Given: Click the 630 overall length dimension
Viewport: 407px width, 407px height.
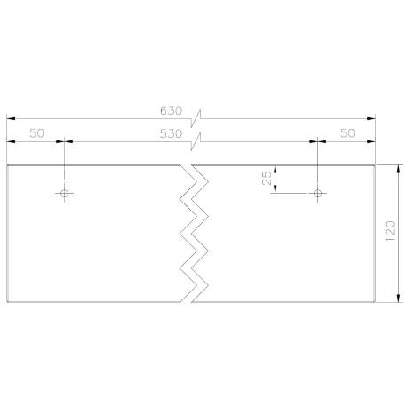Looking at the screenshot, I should coord(171,111).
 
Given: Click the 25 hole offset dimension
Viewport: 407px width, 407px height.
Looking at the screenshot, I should coord(267,178).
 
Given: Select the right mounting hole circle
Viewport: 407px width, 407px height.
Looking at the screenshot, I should coord(317,191).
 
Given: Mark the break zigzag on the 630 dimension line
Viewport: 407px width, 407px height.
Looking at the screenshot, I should coord(202,117).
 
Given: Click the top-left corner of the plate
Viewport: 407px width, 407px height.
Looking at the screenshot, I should coord(7,166).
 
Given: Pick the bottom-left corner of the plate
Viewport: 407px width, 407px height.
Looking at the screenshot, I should coord(7,300).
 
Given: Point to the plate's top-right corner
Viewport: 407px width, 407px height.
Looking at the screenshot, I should coord(376,166).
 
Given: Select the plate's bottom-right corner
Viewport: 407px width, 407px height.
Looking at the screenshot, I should coord(376,300).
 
